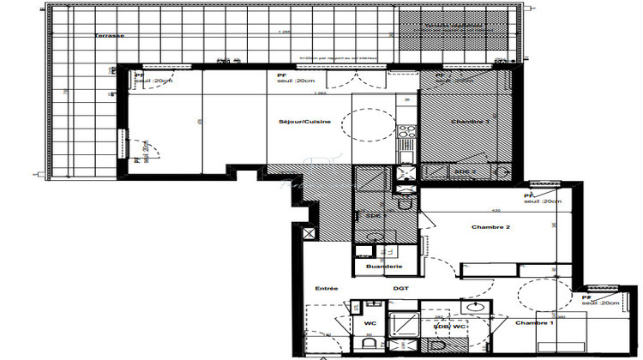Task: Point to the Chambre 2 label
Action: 491,227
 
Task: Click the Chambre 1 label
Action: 534,323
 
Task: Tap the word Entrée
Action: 327,288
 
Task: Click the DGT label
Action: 401,288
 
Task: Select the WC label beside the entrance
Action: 370,324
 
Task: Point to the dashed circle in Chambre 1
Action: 541,295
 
